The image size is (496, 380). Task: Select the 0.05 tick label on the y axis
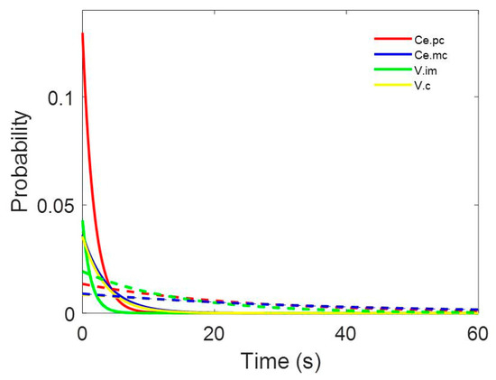coord(53,205)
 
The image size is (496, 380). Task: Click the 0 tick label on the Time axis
coord(82,332)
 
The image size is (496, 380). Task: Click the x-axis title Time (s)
coord(279,360)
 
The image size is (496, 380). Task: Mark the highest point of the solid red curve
coord(82,33)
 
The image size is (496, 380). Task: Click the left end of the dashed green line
coord(83,271)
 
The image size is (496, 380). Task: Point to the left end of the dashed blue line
coord(83,293)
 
